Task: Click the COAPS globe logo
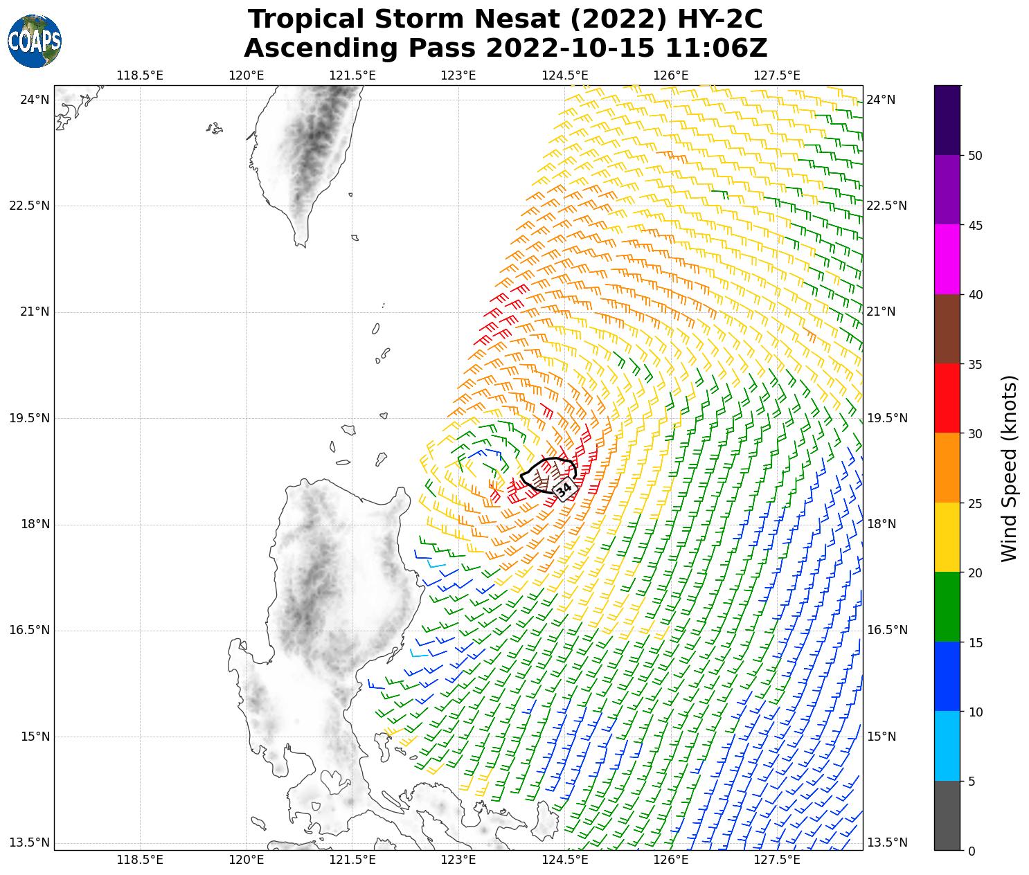[x=35, y=42]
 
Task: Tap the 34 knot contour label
[x=564, y=488]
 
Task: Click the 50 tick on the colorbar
[x=975, y=156]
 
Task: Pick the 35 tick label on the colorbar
[x=975, y=364]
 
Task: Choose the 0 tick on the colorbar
[x=971, y=851]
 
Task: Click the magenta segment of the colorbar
[x=947, y=259]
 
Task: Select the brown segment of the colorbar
[x=947, y=329]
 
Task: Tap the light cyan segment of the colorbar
[x=947, y=746]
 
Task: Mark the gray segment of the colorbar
[x=947, y=815]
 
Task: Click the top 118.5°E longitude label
[x=140, y=75]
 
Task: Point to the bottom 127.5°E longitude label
[x=777, y=860]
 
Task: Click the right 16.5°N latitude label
[x=886, y=630]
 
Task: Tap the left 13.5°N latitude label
[x=30, y=842]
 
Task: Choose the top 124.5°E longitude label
[x=564, y=75]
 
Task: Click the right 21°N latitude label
[x=881, y=312]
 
